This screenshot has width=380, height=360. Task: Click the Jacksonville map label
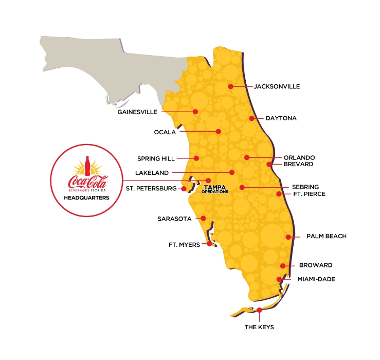point(277,86)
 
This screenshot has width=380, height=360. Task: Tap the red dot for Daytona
point(252,118)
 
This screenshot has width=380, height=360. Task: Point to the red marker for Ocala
point(219,132)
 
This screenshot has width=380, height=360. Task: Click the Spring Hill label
point(156,158)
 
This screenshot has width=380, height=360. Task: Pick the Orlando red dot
point(247,157)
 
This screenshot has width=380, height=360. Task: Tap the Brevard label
point(298,165)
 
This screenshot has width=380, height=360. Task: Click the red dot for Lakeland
point(232,172)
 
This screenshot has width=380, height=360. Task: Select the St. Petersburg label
point(151,189)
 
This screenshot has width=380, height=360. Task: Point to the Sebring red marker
point(242,187)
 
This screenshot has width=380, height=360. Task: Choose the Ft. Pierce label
point(309,194)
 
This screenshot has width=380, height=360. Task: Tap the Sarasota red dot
point(204,219)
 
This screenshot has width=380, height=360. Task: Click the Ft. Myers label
point(184,245)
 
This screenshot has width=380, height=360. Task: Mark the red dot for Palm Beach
point(288,237)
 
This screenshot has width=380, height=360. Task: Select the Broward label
point(316,265)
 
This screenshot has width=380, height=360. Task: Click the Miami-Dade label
point(316,279)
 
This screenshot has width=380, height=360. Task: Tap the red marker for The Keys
point(259,310)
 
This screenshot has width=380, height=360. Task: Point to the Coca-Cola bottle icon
point(86,167)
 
